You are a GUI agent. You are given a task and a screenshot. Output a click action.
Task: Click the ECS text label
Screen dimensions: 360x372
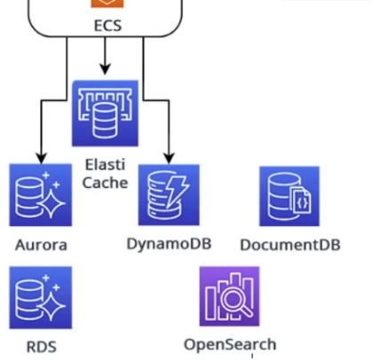point(107,26)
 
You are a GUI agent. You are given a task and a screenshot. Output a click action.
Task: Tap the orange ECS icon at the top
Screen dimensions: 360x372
point(107,4)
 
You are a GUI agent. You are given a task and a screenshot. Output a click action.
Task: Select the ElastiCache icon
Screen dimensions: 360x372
point(106,113)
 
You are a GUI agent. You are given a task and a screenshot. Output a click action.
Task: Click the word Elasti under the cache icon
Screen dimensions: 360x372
point(106,164)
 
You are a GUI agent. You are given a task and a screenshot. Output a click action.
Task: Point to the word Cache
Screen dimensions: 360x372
point(106,183)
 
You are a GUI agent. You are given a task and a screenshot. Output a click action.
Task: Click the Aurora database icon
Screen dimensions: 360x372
point(41,195)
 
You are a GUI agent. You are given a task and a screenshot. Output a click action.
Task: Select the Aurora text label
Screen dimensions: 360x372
point(41,245)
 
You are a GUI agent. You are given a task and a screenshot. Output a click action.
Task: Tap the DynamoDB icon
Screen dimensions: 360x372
point(169,194)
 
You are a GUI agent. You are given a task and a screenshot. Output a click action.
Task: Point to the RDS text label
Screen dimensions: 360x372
point(41,346)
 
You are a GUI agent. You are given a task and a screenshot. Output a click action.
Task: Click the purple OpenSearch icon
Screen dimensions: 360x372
point(230,296)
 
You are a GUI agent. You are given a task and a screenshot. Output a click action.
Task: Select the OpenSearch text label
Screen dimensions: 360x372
point(230,344)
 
